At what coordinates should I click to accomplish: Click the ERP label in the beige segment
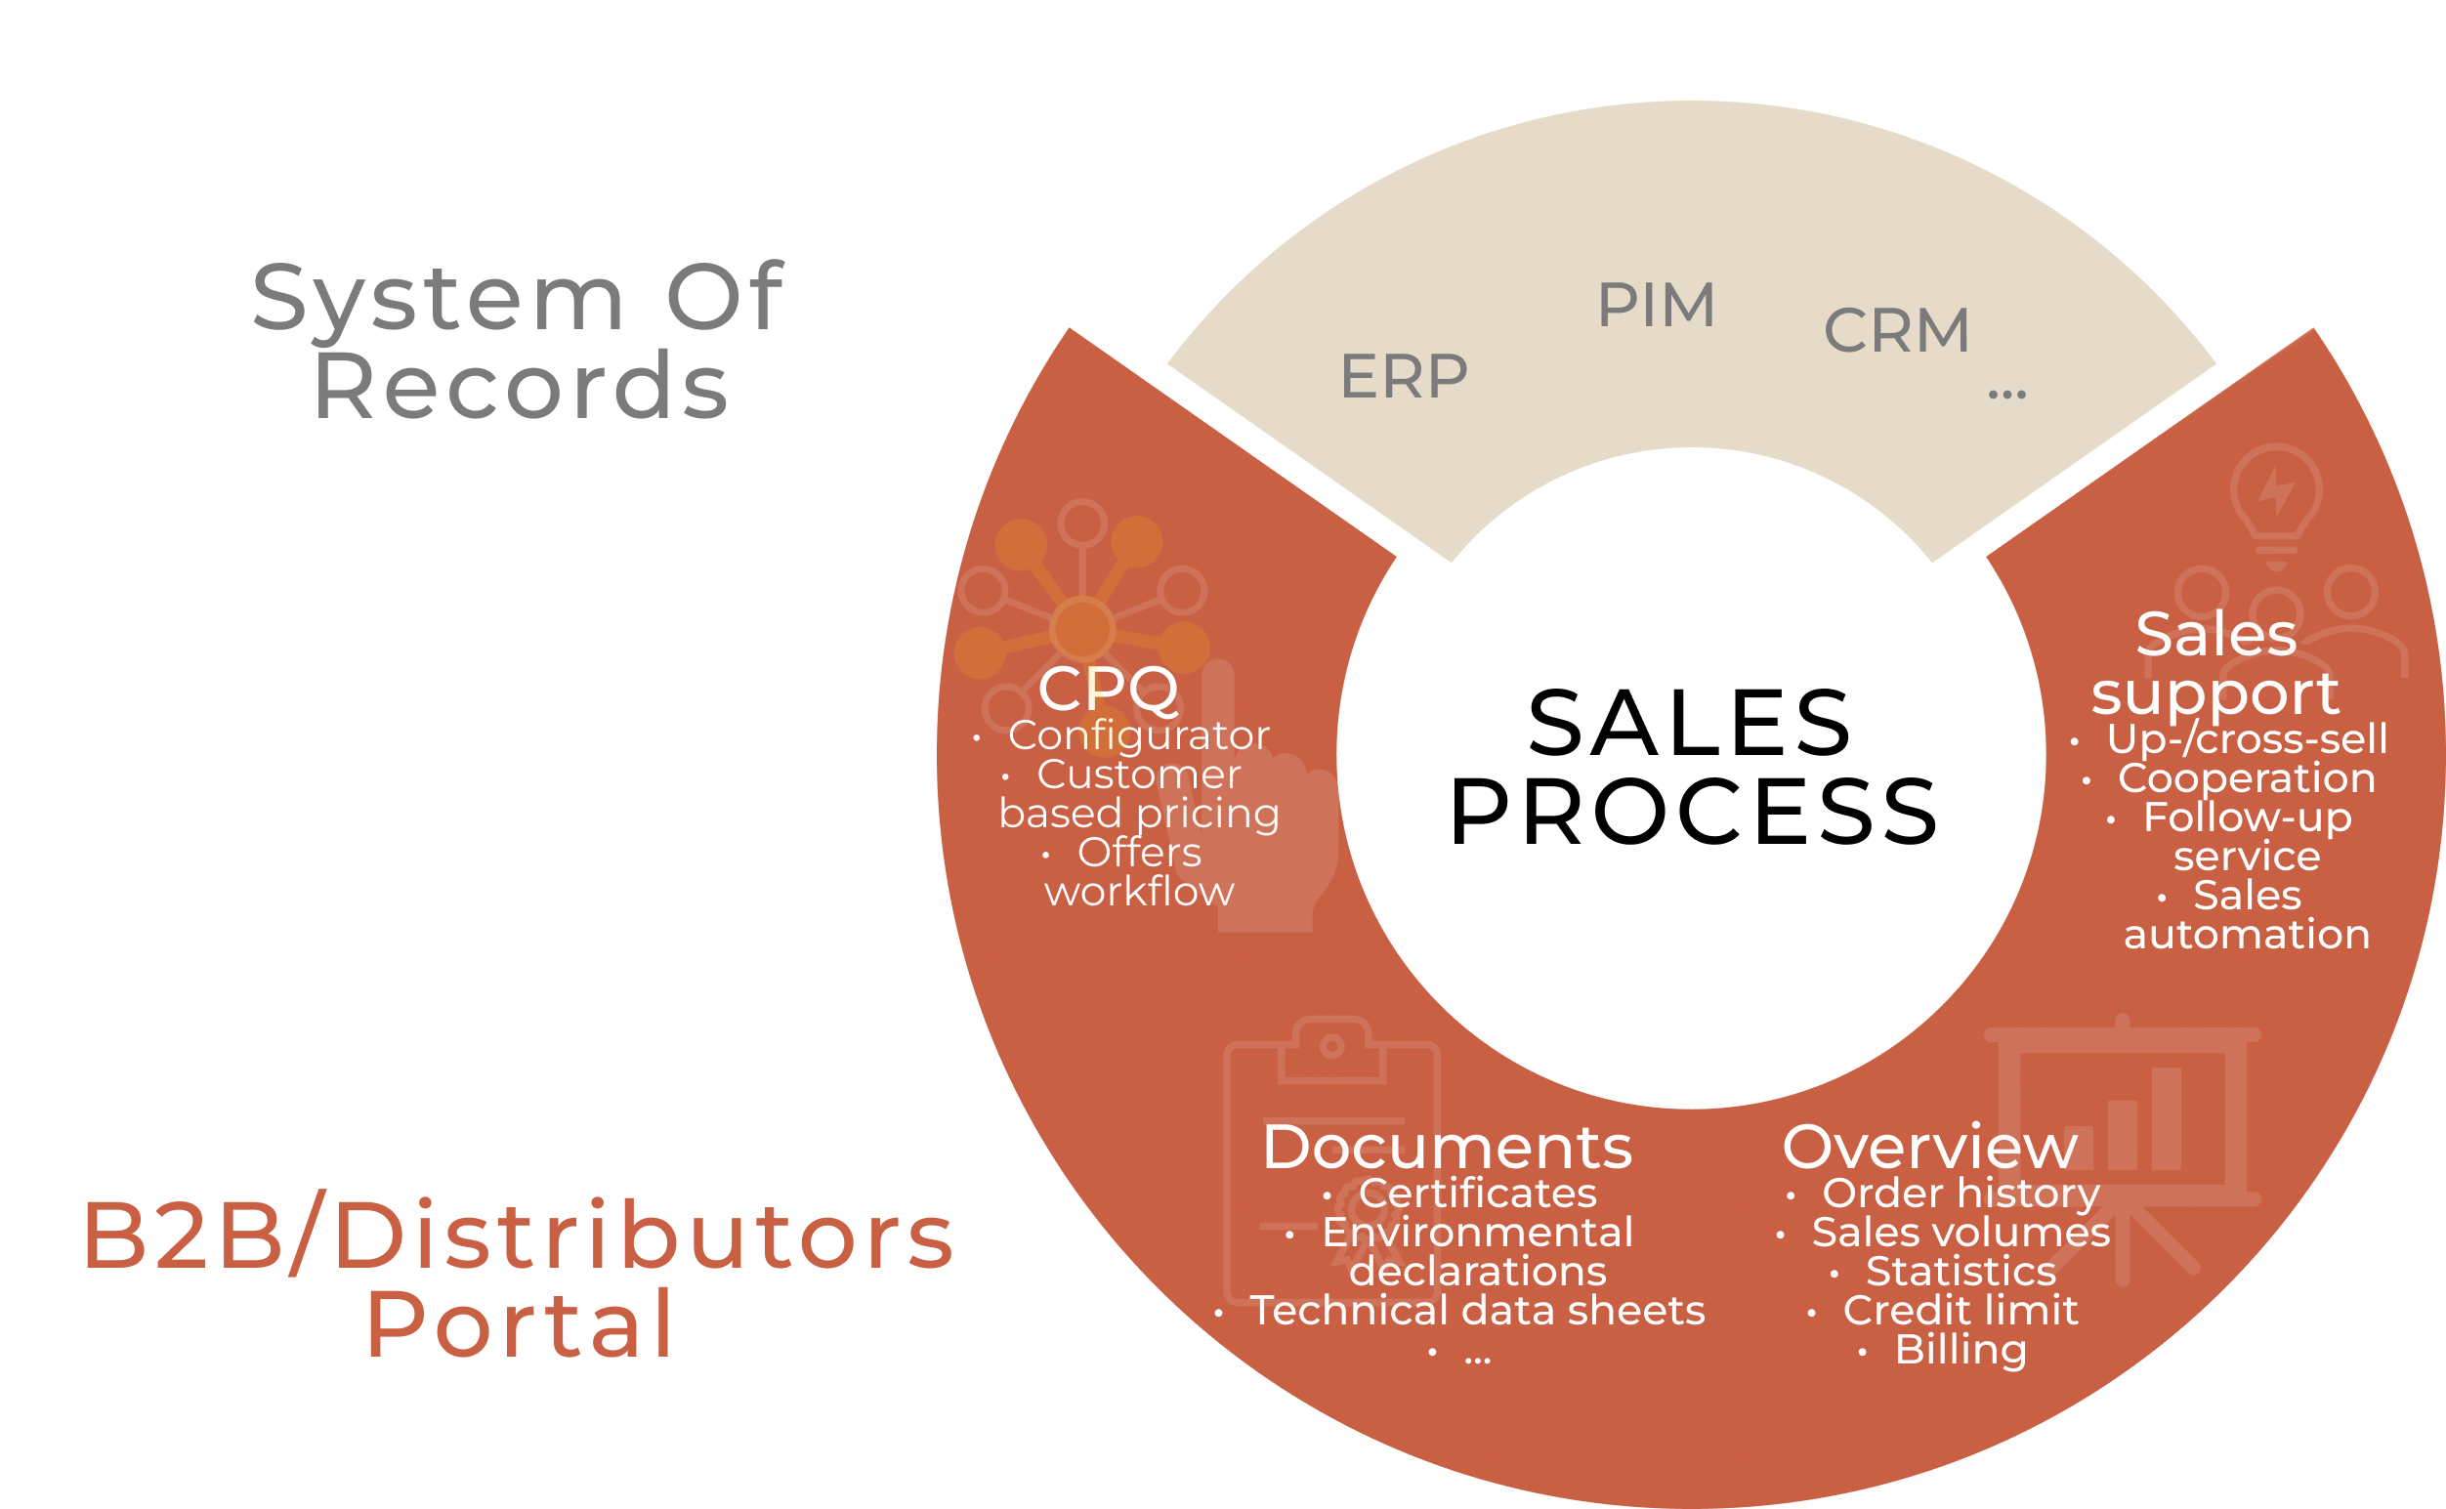coord(1403,377)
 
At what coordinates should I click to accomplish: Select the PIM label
coord(1656,305)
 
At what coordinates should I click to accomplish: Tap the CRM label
coord(1896,330)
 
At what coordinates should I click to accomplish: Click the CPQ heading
coord(1108,689)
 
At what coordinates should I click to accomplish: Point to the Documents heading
coord(1447,1148)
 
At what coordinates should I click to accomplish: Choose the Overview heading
coord(1930,1148)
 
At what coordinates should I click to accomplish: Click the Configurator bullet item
coord(1139,735)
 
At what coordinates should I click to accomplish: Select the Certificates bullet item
coord(1477,1194)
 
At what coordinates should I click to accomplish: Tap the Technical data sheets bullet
coord(1478,1311)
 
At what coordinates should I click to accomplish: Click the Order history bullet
coord(1961,1194)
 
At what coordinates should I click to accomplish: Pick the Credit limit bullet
coord(1960,1311)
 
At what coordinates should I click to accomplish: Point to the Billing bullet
coord(1960,1350)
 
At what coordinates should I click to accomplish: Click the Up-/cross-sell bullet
coord(2247,739)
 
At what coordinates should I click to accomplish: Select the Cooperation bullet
coord(2247,778)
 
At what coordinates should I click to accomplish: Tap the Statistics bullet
coord(1961,1272)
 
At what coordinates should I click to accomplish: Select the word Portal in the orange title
coord(520,1325)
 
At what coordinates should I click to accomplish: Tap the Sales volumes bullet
coord(1961,1233)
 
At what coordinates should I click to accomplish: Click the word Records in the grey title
coord(520,387)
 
